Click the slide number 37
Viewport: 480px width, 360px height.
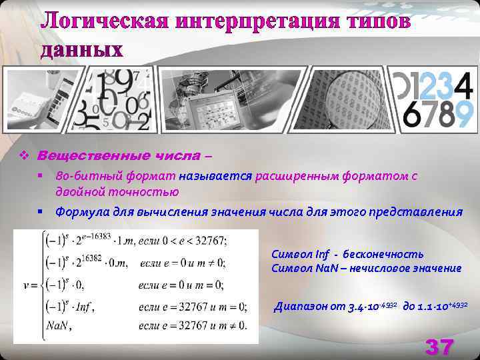439,347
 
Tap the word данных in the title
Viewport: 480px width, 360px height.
82,50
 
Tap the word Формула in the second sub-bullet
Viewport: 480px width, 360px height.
79,212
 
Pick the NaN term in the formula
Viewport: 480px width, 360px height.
59,326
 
